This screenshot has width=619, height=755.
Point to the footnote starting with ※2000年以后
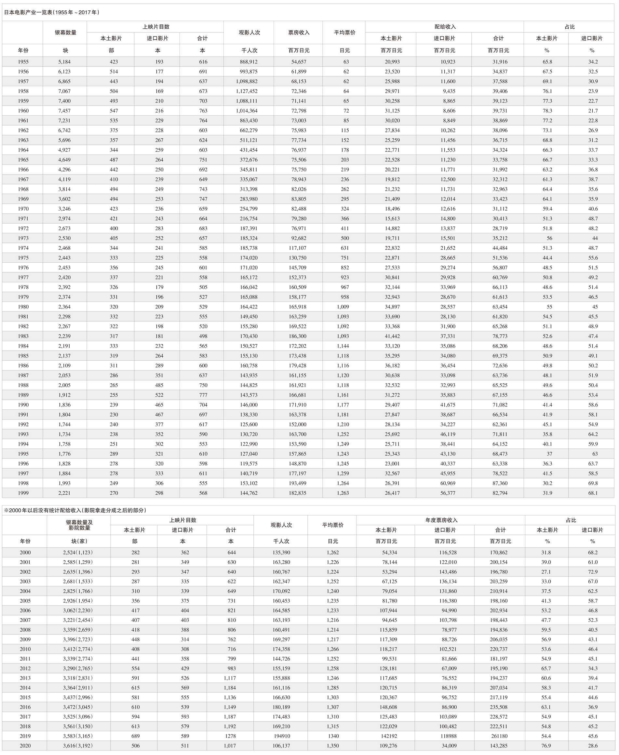click(75, 510)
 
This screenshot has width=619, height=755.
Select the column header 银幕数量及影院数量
click(79, 525)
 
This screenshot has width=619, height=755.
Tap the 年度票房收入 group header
click(441, 520)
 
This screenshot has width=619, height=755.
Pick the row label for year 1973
click(23, 238)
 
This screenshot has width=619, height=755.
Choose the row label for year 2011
click(25, 659)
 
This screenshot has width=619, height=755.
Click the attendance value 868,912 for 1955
click(249, 62)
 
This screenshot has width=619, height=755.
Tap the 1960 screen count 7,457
click(64, 111)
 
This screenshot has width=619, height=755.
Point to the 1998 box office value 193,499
click(299, 483)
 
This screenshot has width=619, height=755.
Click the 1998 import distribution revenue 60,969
click(448, 483)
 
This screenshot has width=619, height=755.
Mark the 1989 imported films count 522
click(159, 395)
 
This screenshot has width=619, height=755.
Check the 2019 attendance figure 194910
click(282, 736)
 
